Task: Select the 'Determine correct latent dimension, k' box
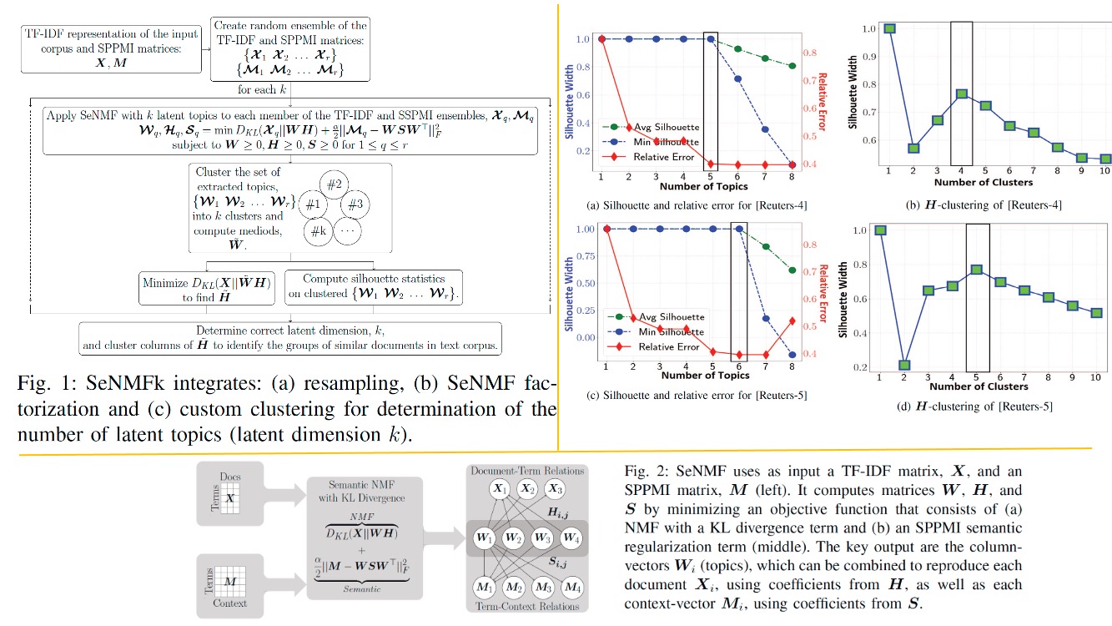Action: [289, 336]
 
